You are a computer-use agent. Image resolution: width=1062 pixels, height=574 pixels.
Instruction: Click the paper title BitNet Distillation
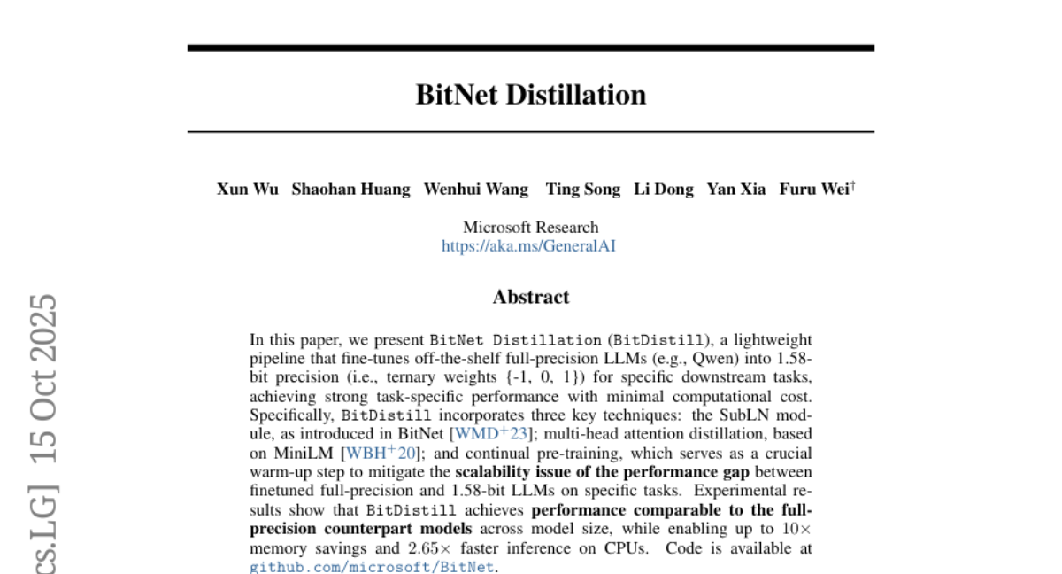(x=531, y=95)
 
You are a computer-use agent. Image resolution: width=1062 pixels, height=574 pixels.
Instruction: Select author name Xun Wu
(x=248, y=189)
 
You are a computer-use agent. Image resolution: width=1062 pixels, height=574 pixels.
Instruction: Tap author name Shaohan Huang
(x=351, y=189)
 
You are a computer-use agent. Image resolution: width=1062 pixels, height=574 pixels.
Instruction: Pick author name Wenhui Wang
(x=476, y=189)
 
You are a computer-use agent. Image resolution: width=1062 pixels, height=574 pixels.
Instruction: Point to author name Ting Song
(x=583, y=189)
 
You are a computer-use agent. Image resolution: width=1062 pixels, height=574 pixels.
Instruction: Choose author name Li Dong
(x=664, y=189)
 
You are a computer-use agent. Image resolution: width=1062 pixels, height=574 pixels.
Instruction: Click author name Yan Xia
(x=736, y=189)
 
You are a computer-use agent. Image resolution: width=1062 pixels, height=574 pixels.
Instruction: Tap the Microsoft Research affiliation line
(x=531, y=228)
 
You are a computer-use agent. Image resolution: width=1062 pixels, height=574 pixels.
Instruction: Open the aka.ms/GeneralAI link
(x=528, y=246)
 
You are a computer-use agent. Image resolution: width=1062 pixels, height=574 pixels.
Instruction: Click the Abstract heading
(x=531, y=297)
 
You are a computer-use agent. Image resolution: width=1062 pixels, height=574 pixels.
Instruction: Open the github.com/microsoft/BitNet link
(x=372, y=567)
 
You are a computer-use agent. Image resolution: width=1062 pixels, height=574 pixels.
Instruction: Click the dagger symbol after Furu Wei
(x=853, y=185)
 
